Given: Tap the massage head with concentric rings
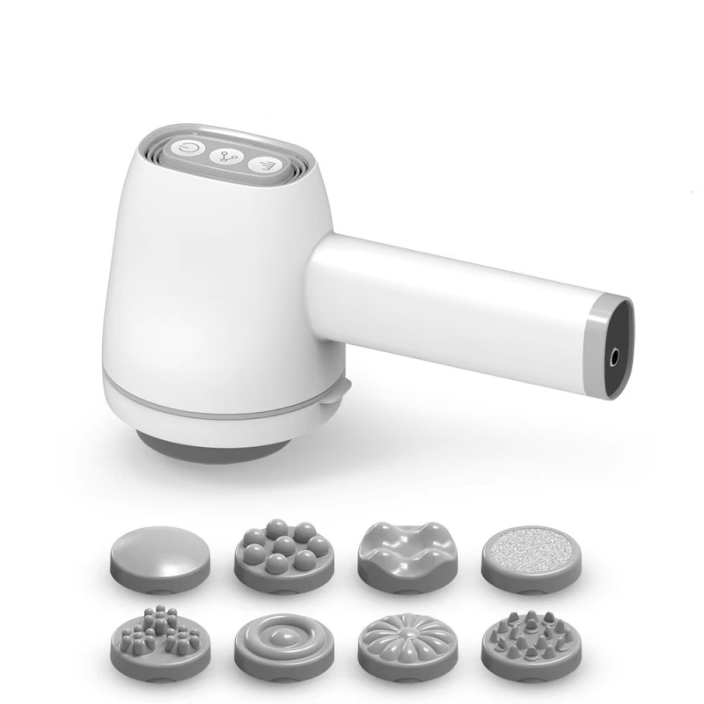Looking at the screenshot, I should [x=275, y=642].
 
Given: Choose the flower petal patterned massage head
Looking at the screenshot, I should [x=400, y=643].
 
